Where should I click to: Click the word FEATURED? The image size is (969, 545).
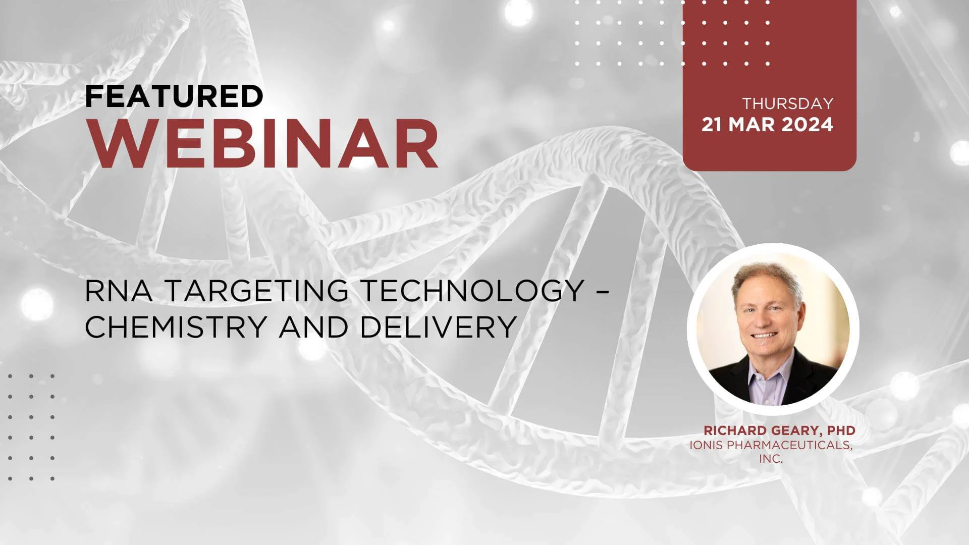pos(174,96)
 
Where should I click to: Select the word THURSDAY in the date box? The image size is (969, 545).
pos(788,103)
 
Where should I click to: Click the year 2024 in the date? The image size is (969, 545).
pos(807,125)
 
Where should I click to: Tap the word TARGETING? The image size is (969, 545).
pos(256,291)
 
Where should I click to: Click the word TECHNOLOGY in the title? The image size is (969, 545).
pos(472,291)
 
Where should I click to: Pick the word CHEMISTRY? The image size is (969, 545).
pos(176,326)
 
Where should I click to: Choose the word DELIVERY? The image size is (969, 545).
pos(438,326)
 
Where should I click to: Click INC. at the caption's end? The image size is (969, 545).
pos(771,459)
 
